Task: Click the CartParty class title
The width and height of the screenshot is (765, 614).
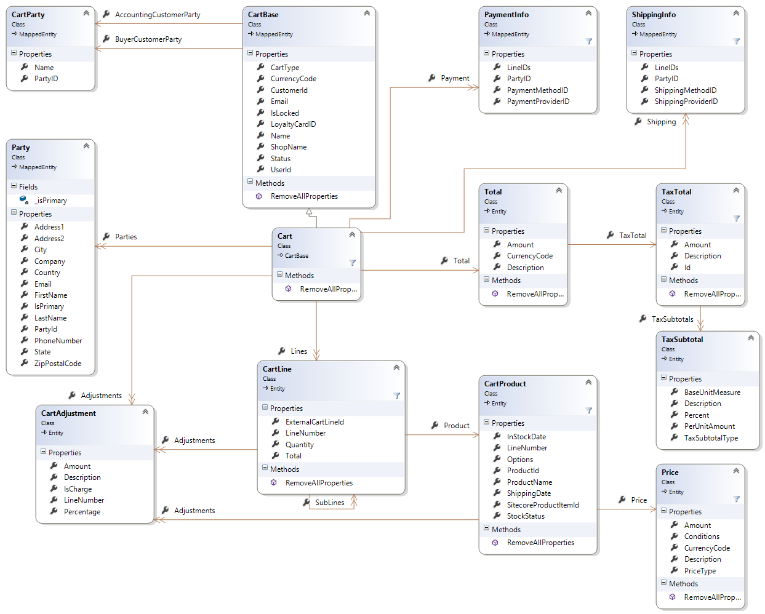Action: pos(28,14)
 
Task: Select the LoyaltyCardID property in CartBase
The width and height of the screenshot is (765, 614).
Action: pos(293,124)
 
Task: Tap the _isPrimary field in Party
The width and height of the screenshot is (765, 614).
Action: pos(50,201)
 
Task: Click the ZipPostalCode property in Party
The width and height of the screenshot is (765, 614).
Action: pos(57,364)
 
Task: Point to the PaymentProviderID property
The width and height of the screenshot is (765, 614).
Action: pos(538,102)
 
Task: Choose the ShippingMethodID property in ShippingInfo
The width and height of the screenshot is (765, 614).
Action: pos(685,90)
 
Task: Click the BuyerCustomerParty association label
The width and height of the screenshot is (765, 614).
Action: pos(148,39)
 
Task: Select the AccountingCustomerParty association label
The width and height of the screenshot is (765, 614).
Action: pos(157,15)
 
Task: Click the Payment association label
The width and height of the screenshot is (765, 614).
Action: pos(455,78)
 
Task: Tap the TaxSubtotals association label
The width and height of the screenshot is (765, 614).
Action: pos(672,319)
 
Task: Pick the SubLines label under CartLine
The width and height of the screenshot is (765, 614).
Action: pos(329,503)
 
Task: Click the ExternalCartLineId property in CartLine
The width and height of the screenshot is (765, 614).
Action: pos(314,422)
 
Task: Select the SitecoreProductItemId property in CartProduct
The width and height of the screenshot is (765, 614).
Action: pos(542,505)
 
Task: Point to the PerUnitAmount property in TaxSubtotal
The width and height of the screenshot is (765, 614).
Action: pos(709,426)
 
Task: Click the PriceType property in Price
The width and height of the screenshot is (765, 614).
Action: pos(700,571)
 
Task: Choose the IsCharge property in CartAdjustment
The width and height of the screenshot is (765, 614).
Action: pos(78,489)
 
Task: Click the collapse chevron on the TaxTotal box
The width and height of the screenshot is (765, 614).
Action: pos(736,190)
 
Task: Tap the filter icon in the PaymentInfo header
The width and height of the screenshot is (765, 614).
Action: pos(588,41)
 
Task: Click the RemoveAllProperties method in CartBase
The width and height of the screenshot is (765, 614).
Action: pos(304,196)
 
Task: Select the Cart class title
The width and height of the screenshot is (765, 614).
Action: pos(285,236)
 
